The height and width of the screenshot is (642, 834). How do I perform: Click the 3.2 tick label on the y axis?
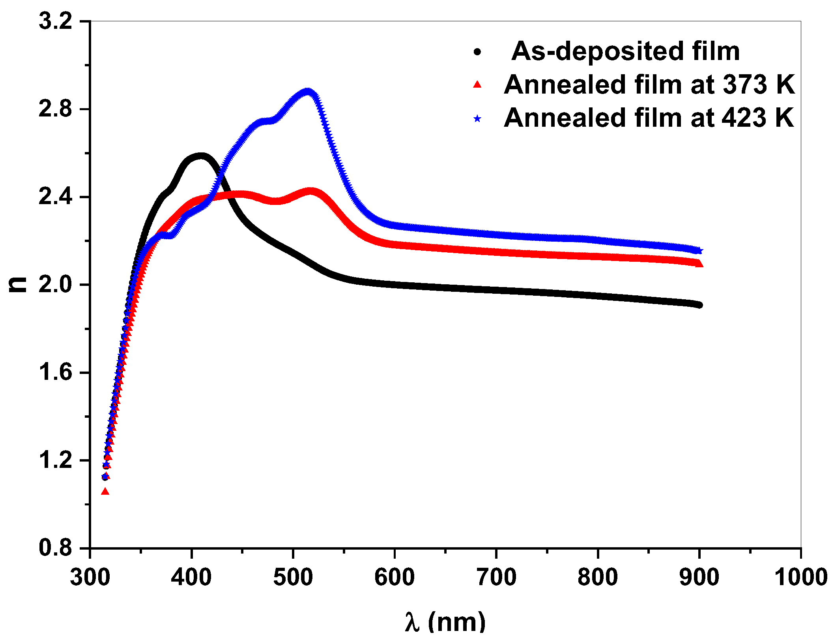[56, 21]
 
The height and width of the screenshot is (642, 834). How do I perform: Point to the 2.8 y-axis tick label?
[56, 109]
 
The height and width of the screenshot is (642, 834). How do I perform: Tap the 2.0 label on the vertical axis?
[56, 284]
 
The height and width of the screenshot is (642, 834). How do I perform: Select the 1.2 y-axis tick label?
[56, 460]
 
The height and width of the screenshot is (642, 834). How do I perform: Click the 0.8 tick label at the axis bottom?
[56, 548]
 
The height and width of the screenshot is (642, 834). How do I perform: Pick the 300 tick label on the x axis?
[90, 577]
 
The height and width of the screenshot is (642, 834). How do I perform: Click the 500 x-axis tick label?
[293, 577]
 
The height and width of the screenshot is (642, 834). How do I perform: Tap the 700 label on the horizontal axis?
[496, 577]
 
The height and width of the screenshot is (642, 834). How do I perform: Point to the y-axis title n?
[18, 284]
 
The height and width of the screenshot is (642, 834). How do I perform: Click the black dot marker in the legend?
[477, 52]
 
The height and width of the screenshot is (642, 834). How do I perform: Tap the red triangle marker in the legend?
[477, 84]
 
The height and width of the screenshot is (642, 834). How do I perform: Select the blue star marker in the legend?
[477, 118]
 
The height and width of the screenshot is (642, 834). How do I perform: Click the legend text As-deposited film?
[625, 52]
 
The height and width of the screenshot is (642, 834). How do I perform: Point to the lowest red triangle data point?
[105, 492]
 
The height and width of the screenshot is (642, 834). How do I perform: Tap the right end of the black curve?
[699, 305]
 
